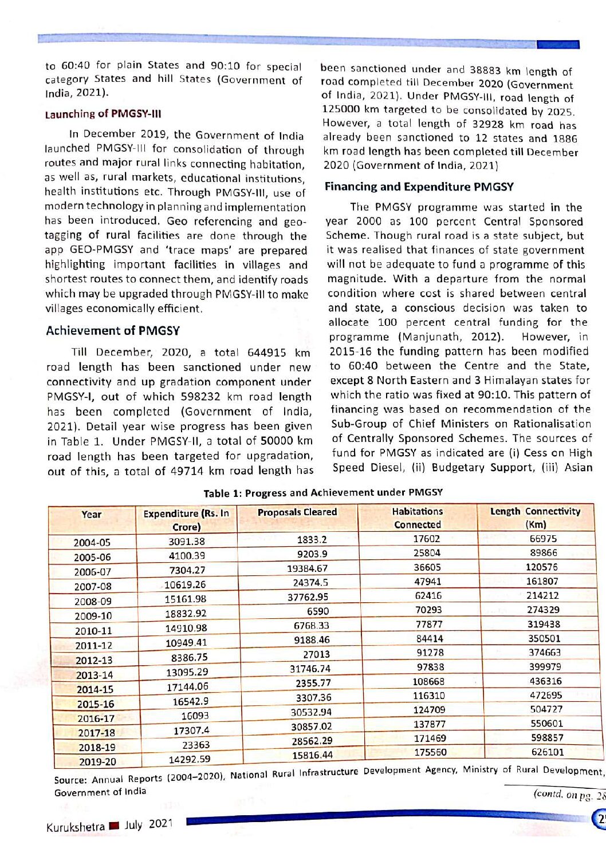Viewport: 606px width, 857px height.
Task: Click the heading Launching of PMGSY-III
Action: [103, 114]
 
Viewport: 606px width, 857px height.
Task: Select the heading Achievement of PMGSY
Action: [113, 330]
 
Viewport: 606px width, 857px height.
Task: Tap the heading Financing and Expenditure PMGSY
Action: [419, 187]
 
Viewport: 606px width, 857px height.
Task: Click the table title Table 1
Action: [323, 492]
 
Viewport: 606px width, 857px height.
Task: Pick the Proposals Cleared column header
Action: [297, 512]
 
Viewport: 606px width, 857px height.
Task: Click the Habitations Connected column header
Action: [417, 518]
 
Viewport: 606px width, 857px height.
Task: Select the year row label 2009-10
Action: [93, 616]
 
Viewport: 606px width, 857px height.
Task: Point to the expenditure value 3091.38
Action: [187, 542]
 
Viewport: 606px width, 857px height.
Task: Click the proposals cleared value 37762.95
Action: [308, 597]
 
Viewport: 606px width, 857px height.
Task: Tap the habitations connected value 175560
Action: [430, 752]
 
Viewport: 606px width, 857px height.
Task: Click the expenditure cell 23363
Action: [196, 745]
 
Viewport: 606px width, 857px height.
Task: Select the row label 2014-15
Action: [95, 689]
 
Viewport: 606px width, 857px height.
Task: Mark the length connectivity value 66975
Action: [543, 539]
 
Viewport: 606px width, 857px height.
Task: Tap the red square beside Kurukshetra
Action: [114, 826]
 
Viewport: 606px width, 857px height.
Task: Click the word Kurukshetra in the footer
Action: [75, 827]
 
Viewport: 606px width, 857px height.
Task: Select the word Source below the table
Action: [70, 780]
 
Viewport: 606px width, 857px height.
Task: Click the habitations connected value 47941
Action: [427, 582]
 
